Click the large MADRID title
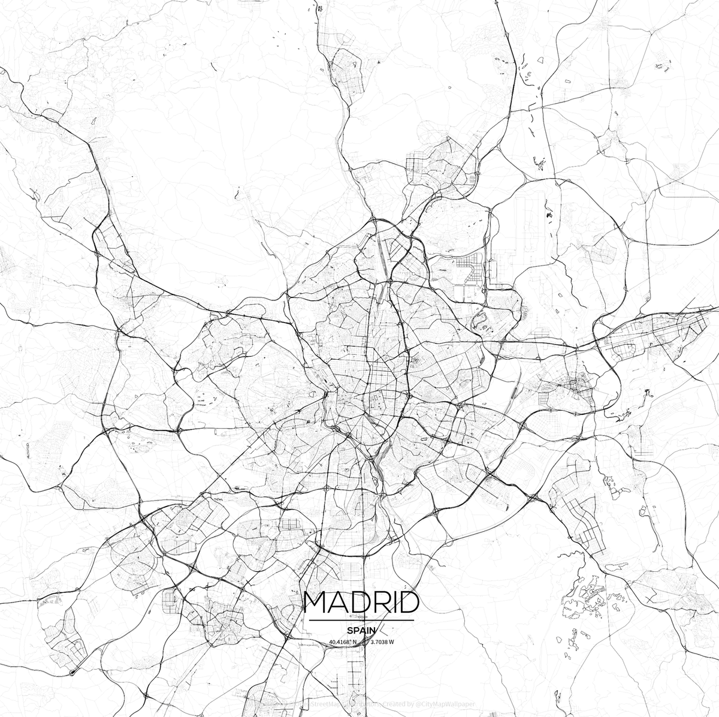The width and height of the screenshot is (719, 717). (x=360, y=602)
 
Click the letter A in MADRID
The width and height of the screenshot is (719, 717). (x=338, y=602)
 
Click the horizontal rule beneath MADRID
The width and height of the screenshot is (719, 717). (x=360, y=619)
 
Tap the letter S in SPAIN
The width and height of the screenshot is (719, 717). (x=349, y=630)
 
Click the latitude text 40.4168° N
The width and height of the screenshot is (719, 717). (x=342, y=642)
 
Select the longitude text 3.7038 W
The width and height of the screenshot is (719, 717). (x=382, y=642)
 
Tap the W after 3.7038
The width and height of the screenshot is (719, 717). (x=392, y=642)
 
